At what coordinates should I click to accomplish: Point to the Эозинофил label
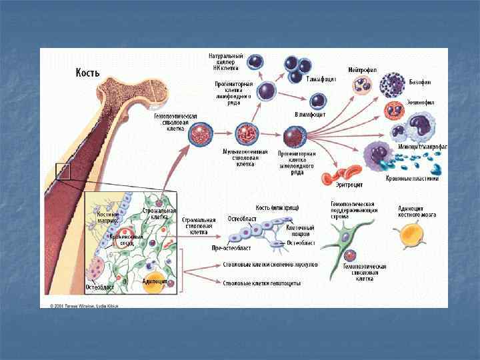(421, 103)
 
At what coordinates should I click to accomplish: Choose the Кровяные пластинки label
(412, 178)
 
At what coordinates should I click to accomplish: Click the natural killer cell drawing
(256, 62)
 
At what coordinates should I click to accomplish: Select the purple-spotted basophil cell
(392, 85)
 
